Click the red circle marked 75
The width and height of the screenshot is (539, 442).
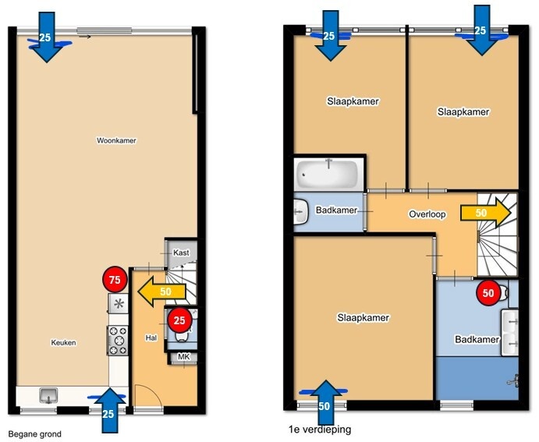115,280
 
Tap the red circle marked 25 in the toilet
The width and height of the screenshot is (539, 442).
179,320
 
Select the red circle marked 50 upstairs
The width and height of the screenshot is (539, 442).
488,292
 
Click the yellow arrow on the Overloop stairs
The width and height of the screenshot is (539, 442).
486,213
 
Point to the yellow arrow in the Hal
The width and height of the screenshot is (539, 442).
161,292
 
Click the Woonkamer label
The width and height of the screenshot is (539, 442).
116,140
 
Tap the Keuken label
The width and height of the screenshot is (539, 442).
64,342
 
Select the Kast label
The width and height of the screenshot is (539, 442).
181,253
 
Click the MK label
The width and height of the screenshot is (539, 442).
183,357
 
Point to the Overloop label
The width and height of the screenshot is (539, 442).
427,214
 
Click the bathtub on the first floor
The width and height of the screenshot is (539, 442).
327,174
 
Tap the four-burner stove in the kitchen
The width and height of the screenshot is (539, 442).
118,341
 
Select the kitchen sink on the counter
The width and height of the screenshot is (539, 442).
48,395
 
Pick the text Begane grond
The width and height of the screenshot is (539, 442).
35,434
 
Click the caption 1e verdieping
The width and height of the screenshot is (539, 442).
320,430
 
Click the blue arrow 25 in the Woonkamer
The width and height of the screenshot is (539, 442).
46,37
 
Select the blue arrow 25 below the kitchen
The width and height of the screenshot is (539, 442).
109,410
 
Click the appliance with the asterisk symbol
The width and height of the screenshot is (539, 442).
119,303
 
